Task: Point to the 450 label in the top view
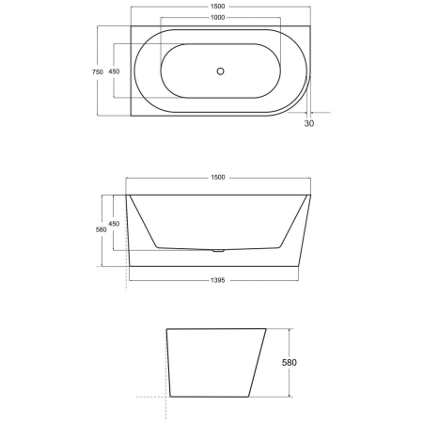114,71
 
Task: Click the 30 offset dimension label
309,122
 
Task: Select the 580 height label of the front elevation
101,231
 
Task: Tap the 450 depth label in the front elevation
114,223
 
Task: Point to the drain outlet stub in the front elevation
219,251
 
